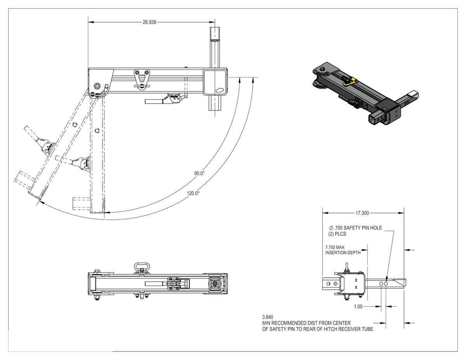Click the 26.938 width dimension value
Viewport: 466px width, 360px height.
(150, 22)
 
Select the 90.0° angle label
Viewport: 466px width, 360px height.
(199, 173)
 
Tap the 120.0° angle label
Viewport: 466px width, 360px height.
(193, 193)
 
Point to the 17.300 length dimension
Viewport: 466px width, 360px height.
(362, 213)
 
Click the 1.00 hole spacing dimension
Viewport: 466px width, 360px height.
(358, 306)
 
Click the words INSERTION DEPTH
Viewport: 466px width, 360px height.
(343, 253)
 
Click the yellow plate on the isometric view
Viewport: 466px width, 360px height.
(351, 80)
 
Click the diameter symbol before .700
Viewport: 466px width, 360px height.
(331, 228)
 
